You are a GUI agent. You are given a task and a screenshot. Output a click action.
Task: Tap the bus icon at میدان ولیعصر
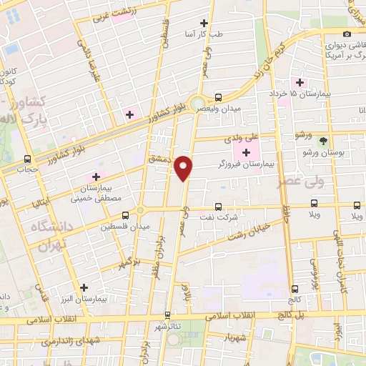click(x=219, y=98)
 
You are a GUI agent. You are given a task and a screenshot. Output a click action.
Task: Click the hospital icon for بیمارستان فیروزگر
click(x=247, y=152)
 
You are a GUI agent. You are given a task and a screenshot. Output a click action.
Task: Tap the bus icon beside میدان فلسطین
click(x=126, y=214)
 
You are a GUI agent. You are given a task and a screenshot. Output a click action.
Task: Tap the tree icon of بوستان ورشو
click(x=323, y=142)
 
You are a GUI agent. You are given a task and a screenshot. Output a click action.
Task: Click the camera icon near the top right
click(x=347, y=34)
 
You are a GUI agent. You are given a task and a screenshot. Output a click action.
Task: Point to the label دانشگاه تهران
click(x=50, y=235)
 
